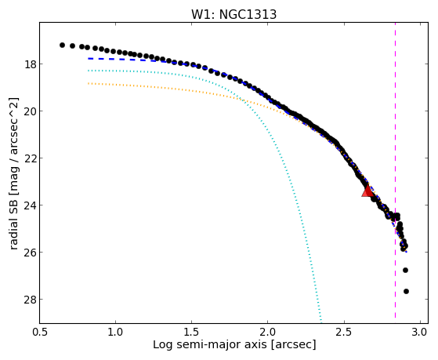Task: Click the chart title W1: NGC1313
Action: (x=233, y=15)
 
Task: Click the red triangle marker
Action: (x=368, y=191)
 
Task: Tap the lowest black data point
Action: (x=406, y=292)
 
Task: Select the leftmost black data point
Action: (x=62, y=45)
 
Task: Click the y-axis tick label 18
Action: (x=30, y=64)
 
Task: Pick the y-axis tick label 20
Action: (x=30, y=111)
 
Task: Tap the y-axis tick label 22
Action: (x=30, y=158)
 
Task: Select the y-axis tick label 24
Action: (x=30, y=205)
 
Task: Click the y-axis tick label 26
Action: (x=30, y=252)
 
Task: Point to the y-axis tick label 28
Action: (x=30, y=299)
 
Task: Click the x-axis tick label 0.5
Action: (x=40, y=333)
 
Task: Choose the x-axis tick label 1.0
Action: (x=116, y=333)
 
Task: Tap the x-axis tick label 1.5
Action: (x=192, y=333)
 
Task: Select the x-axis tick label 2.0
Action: (x=268, y=333)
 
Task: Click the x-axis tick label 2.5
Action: (x=344, y=333)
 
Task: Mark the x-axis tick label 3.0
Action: (x=420, y=333)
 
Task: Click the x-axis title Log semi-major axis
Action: (x=210, y=344)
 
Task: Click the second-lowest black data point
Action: (x=405, y=271)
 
